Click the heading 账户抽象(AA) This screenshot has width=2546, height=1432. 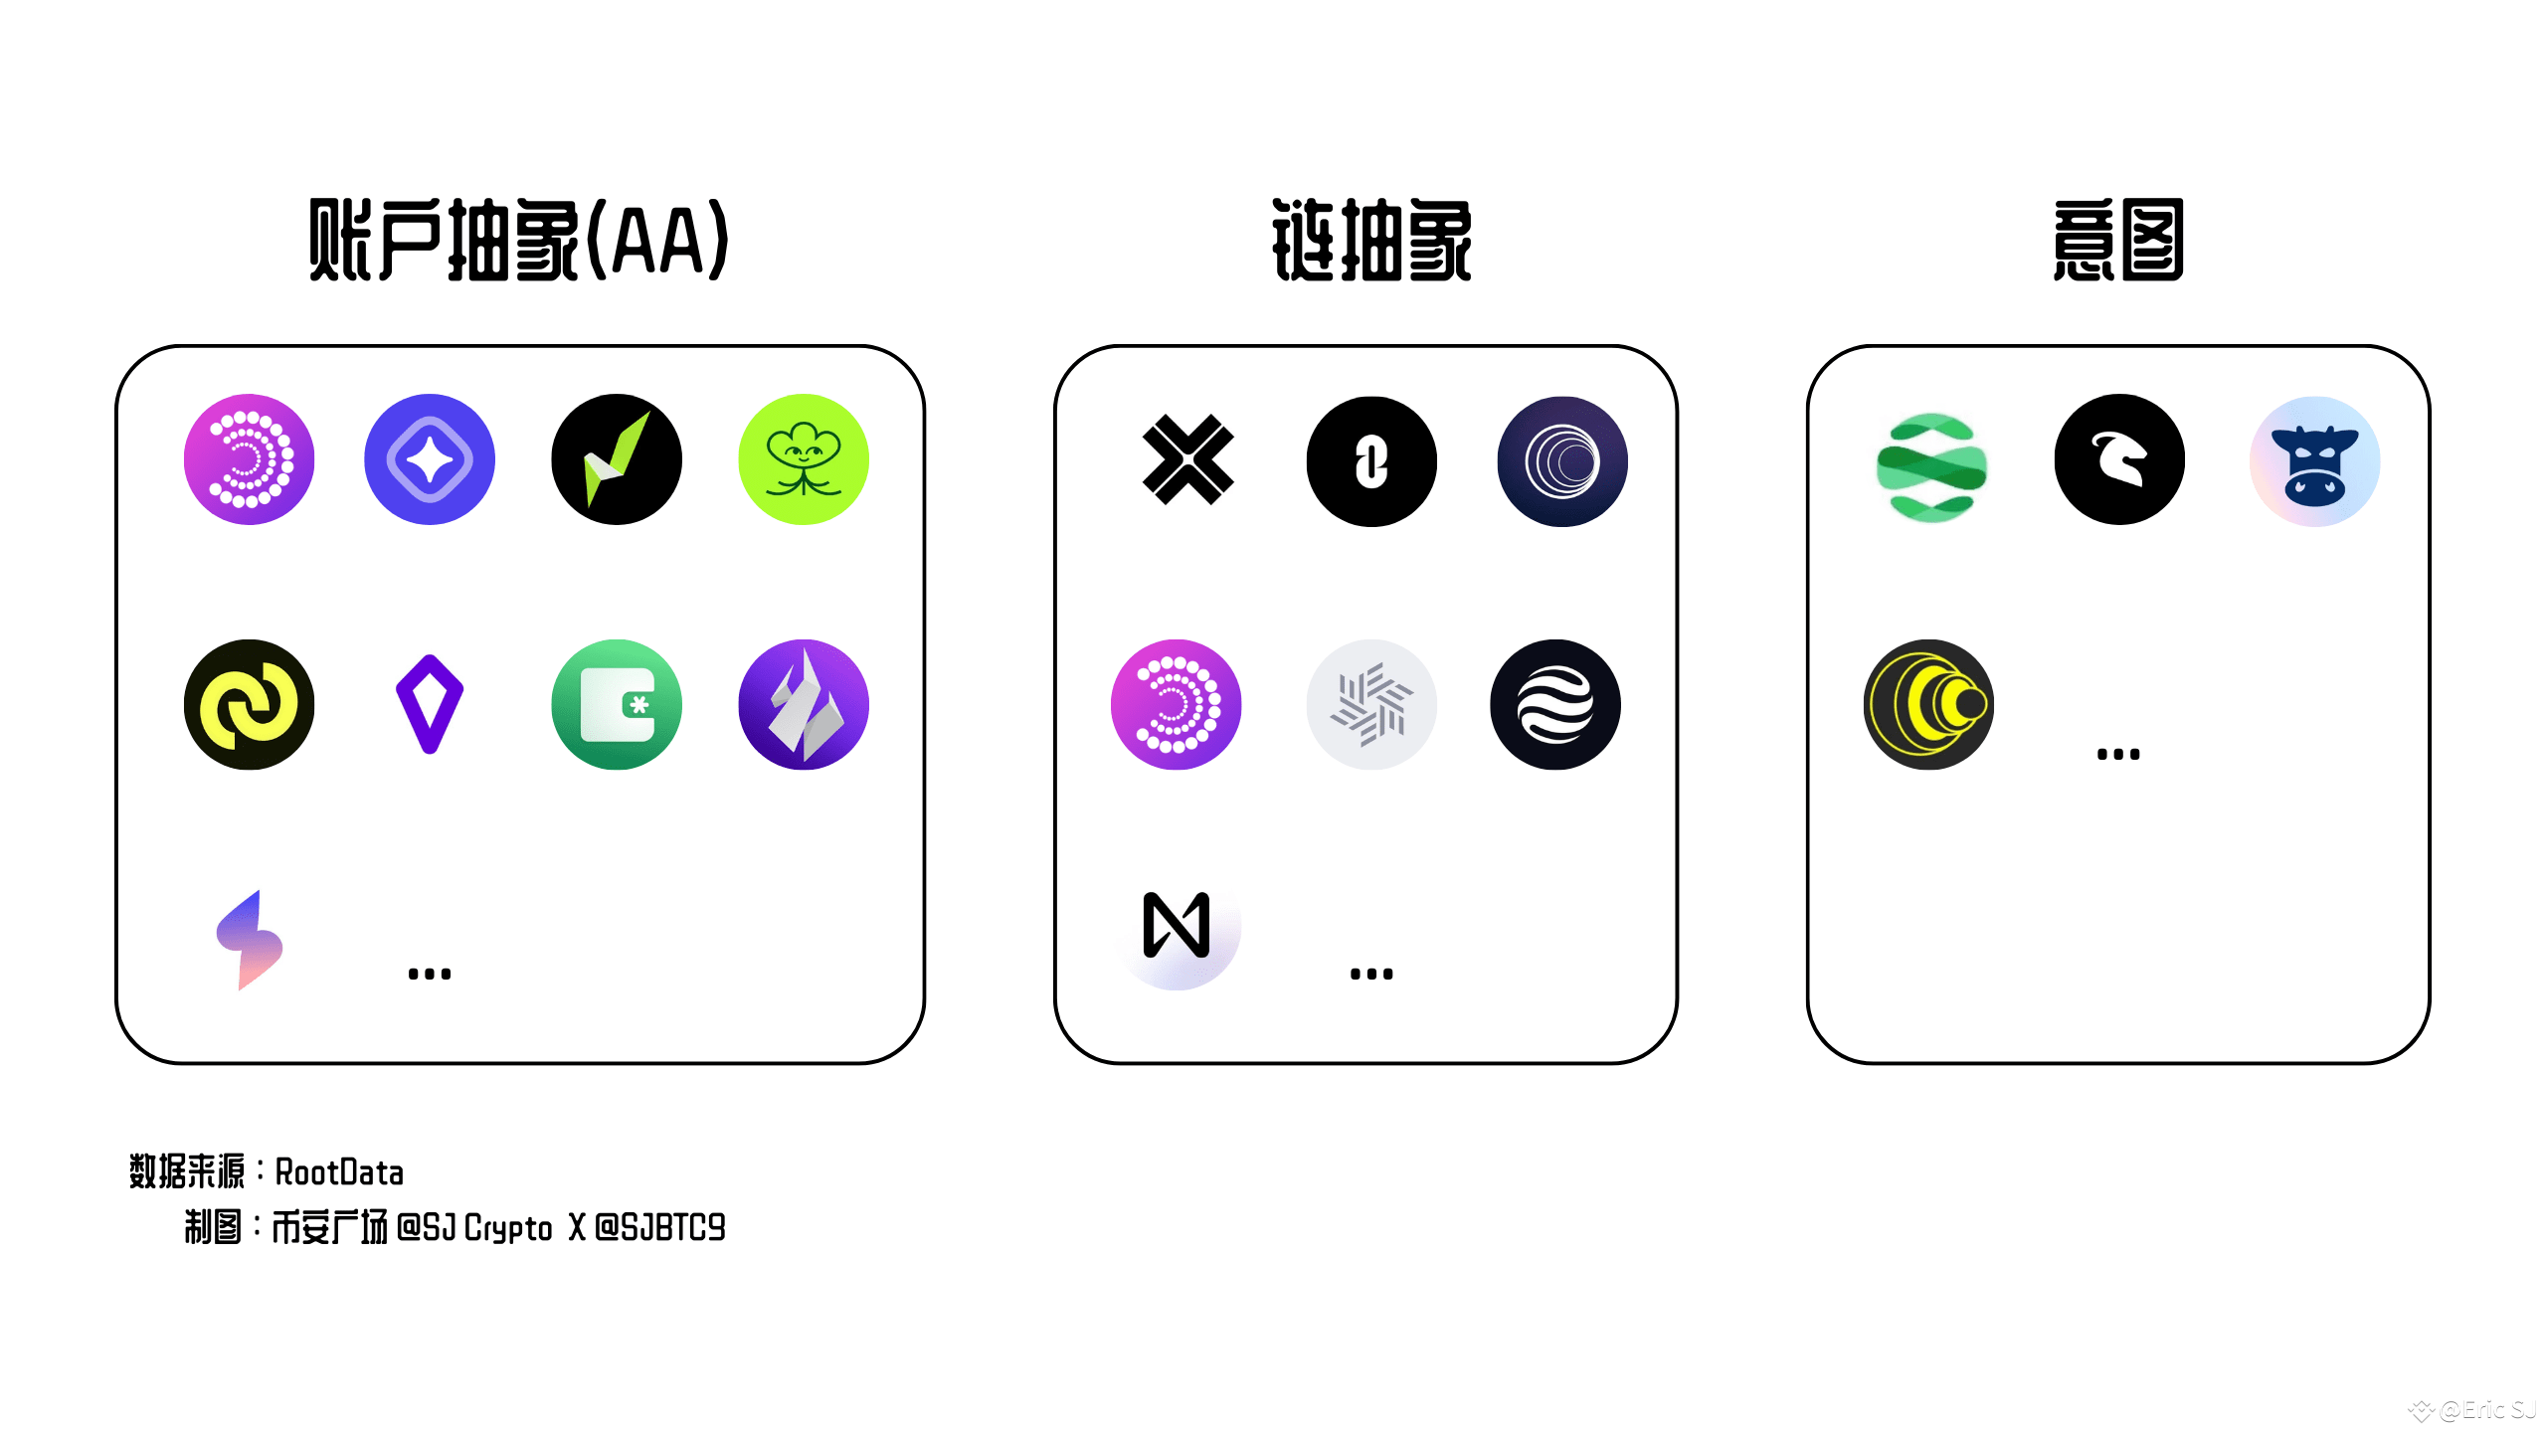tap(519, 240)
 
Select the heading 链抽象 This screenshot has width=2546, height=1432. tap(1371, 240)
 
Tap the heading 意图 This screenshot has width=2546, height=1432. tap(2118, 240)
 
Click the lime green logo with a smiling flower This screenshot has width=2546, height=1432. tap(804, 459)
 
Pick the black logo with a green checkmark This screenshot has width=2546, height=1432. tap(617, 459)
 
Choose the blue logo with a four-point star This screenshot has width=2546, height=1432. tap(430, 459)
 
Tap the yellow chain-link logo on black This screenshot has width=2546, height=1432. tap(250, 704)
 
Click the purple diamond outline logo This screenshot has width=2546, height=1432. tap(430, 704)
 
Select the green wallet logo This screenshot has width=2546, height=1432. tap(617, 704)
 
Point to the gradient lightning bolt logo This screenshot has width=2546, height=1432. tap(250, 941)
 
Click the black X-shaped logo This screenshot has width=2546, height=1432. tap(1188, 459)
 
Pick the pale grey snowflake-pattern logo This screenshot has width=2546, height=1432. tap(1371, 704)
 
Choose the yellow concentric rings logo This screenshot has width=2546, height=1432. tap(1928, 704)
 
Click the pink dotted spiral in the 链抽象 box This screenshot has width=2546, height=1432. tap(1177, 704)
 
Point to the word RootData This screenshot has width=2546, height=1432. tap(339, 1172)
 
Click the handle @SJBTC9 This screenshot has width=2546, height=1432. tap(660, 1228)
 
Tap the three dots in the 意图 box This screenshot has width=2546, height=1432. tap(2118, 755)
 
